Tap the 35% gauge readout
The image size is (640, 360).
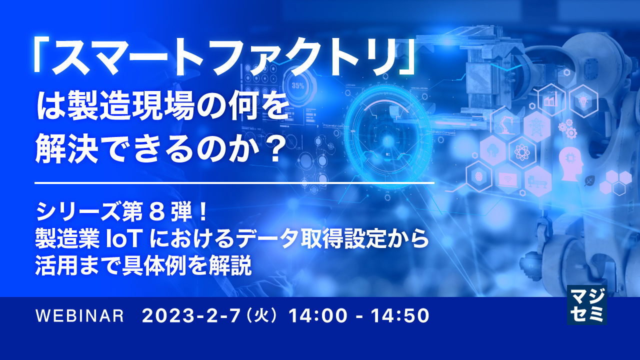pos(298,85)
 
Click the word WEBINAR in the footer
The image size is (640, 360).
pos(80,316)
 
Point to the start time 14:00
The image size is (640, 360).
pos(312,316)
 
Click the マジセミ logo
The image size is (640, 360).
pos(586,305)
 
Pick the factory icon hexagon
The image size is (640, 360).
pos(551,99)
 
